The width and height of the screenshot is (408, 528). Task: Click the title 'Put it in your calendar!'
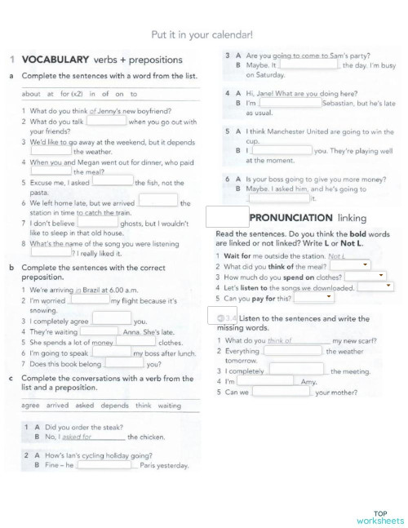[202, 34]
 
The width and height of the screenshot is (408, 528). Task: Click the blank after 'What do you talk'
[106, 121]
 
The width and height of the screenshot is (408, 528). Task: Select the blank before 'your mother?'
[282, 392]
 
